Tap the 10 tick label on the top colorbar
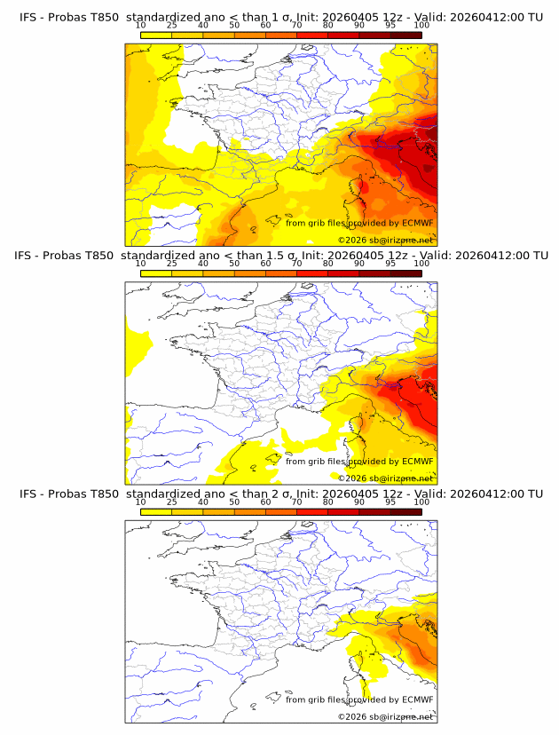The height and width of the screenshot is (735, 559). point(141,26)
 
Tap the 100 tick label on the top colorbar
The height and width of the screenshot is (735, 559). point(421,26)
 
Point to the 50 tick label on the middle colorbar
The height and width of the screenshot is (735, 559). point(234,264)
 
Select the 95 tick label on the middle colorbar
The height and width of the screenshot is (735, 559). point(390,264)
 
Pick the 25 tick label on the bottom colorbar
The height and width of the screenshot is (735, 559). point(172,502)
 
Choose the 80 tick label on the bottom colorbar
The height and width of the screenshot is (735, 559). point(328,502)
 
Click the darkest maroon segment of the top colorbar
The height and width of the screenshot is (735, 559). point(405,35)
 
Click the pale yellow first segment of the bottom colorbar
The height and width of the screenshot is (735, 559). point(156,510)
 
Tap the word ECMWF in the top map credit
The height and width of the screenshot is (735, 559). point(417,223)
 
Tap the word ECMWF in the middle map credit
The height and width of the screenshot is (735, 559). point(417,461)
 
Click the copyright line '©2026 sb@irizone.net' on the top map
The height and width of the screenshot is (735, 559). point(385,241)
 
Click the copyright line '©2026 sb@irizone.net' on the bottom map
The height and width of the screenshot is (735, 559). point(385,716)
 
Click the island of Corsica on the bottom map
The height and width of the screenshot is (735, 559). point(362,665)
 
